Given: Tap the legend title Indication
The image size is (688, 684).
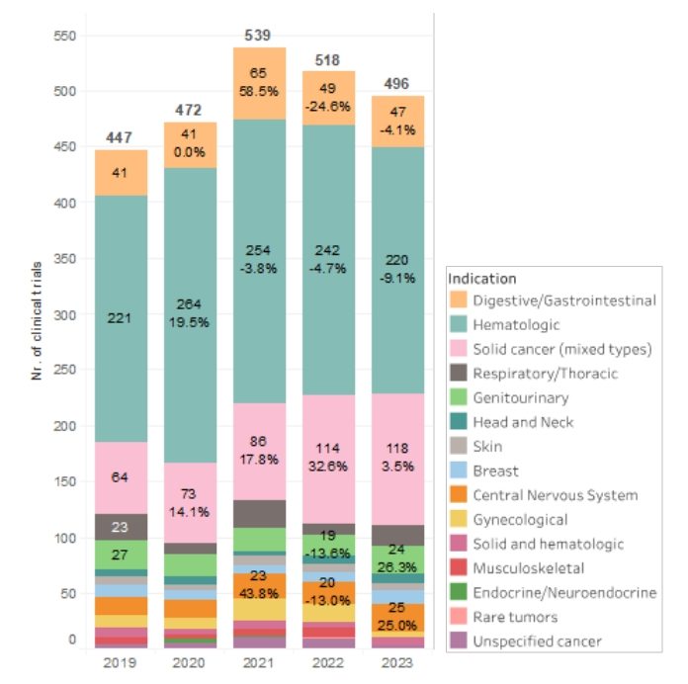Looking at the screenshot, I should click(x=481, y=279).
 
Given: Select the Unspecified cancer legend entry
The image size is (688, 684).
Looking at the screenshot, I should click(x=536, y=641).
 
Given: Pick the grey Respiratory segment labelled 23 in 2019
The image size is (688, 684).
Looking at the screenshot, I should click(x=122, y=527).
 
